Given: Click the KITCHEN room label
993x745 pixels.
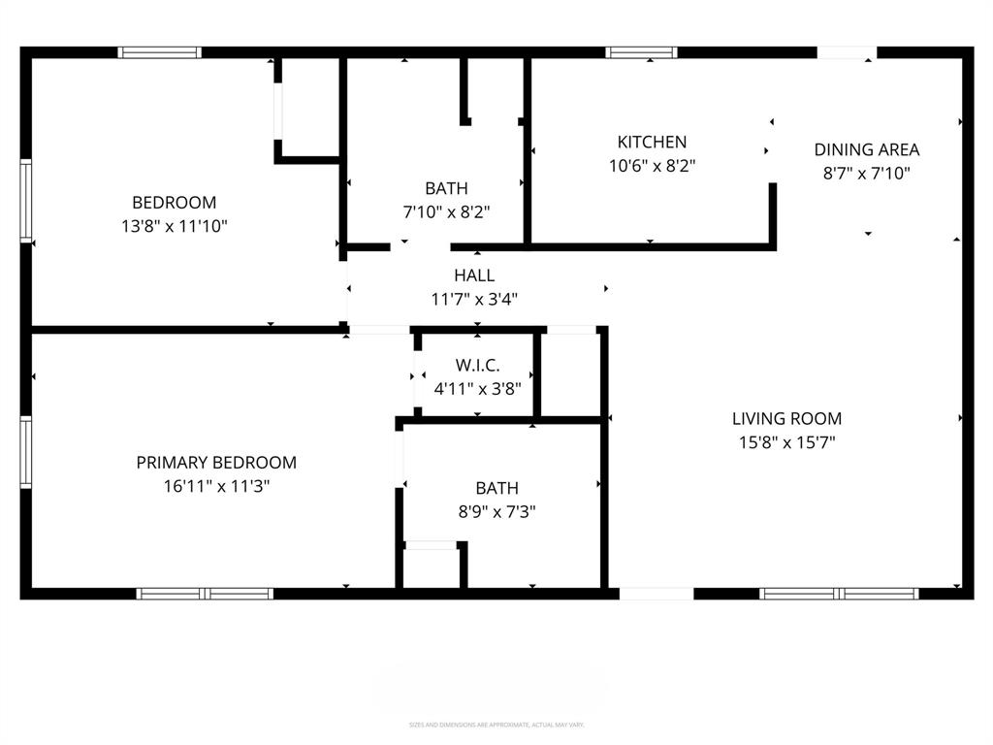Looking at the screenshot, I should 652,142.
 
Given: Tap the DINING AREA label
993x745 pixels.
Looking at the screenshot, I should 866,149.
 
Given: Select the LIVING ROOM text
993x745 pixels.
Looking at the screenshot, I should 786,419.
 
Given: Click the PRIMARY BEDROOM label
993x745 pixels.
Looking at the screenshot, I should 216,463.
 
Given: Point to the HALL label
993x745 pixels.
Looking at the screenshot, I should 474,275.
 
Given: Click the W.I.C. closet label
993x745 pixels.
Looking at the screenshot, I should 477,365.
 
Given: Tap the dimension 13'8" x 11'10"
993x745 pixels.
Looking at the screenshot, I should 175,226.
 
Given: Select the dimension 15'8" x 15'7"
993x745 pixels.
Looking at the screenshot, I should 786,442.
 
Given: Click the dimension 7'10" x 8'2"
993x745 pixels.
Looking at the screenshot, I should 446,211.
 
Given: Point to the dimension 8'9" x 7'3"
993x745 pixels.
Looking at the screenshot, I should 496,511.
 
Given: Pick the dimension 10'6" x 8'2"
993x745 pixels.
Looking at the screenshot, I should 652,166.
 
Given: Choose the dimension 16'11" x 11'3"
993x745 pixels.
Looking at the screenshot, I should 216,486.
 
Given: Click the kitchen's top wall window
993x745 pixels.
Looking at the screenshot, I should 642,52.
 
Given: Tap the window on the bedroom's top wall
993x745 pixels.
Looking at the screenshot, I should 160,52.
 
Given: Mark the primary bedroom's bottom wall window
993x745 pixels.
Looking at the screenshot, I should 205,594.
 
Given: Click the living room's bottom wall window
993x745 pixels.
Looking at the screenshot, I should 839,594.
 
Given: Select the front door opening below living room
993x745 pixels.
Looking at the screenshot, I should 657,594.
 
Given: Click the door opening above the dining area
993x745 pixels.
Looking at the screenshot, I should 847,52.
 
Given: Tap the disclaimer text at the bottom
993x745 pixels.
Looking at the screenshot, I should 496,725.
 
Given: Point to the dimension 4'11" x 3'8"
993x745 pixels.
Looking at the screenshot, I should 477,389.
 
